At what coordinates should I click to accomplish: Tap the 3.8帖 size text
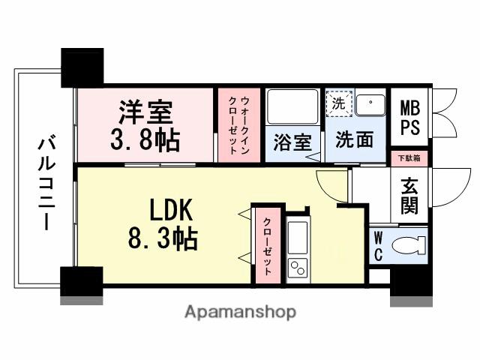pyautogui.click(x=145, y=139)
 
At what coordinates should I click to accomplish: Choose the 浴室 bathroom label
pyautogui.click(x=291, y=142)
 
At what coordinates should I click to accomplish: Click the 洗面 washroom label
pyautogui.click(x=354, y=140)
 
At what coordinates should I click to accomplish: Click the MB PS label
pyautogui.click(x=409, y=116)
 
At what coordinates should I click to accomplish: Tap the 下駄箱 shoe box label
pyautogui.click(x=409, y=158)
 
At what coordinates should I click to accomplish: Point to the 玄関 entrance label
pyautogui.click(x=409, y=195)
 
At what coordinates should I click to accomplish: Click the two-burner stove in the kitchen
pyautogui.click(x=298, y=266)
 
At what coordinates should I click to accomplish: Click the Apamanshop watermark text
pyautogui.click(x=240, y=310)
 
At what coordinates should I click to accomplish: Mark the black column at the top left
pyautogui.click(x=82, y=67)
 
